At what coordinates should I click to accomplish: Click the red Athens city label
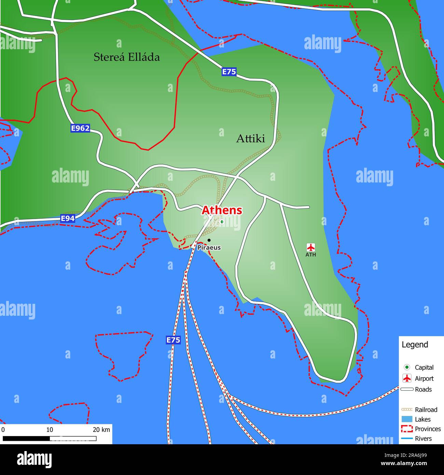[222, 210]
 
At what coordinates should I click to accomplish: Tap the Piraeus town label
[209, 247]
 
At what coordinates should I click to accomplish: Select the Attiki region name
[251, 138]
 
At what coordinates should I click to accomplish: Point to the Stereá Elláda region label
[127, 57]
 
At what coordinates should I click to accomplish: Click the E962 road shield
[80, 128]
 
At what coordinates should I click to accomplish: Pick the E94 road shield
[68, 218]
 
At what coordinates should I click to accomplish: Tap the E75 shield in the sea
[173, 340]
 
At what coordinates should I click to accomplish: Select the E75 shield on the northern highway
[229, 72]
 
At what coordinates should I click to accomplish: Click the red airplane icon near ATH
[310, 247]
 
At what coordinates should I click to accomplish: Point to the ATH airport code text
[310, 255]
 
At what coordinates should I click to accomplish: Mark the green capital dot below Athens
[222, 222]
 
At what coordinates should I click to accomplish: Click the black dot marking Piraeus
[209, 240]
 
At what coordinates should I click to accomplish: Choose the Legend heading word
[415, 344]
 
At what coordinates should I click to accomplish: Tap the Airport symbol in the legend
[407, 378]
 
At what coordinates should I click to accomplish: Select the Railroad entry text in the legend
[426, 409]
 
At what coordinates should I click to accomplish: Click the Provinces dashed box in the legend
[407, 429]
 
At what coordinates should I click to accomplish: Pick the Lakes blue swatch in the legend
[407, 419]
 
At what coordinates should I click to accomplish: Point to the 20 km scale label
[101, 430]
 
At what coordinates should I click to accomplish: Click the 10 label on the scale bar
[50, 430]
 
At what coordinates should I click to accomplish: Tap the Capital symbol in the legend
[407, 367]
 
